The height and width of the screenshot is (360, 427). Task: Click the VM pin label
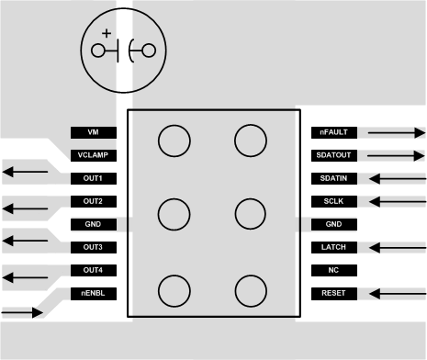[x=92, y=132]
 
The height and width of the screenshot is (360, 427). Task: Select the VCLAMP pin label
[x=92, y=155]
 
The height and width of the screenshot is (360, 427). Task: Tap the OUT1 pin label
[x=92, y=178]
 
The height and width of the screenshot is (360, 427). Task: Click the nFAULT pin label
[x=333, y=132]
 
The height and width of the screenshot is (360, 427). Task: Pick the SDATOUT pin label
[x=333, y=155]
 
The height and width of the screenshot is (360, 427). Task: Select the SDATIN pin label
[x=333, y=178]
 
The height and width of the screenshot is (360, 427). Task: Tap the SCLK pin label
[x=333, y=201]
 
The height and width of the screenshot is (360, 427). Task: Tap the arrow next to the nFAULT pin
[x=396, y=132]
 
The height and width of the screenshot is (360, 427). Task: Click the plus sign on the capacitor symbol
[x=118, y=34]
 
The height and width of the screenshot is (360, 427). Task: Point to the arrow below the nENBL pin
[x=24, y=313]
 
